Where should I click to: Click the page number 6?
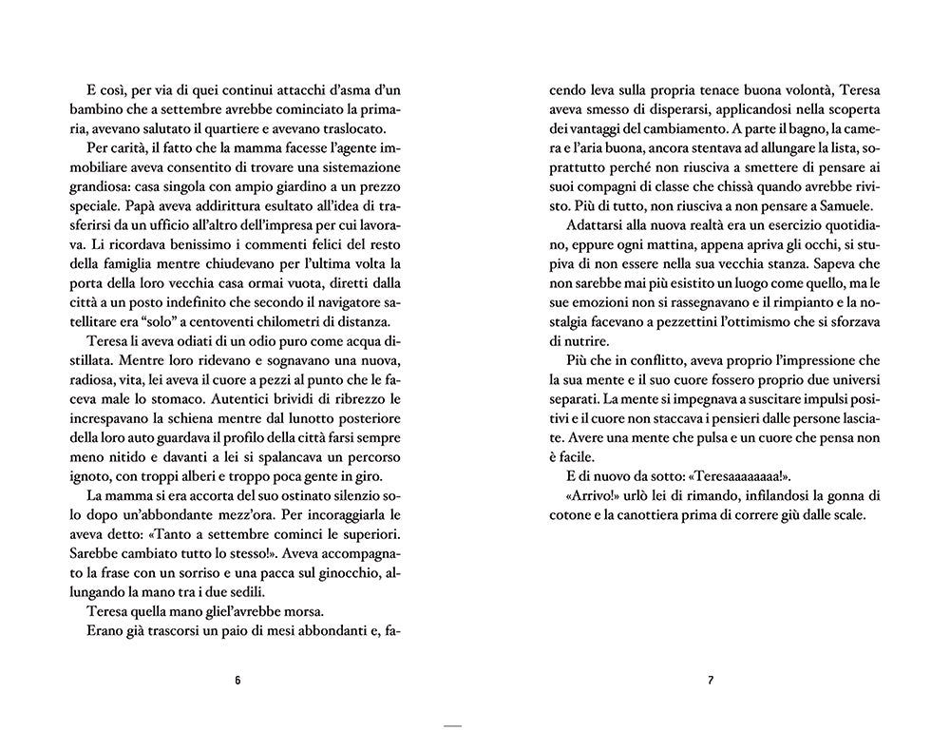237,681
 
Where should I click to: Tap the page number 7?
711,681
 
